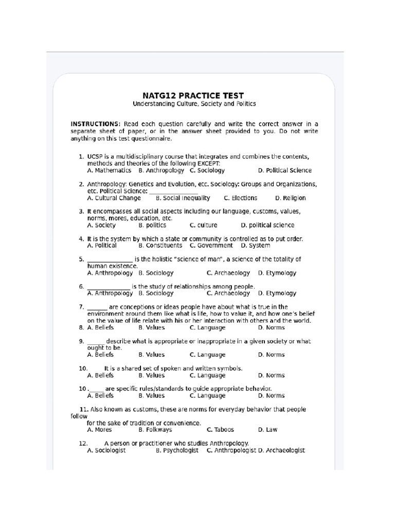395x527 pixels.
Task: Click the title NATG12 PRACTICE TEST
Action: pyautogui.click(x=193, y=96)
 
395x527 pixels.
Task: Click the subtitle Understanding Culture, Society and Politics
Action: pyautogui.click(x=194, y=104)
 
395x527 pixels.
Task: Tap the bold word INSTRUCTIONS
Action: pyautogui.click(x=95, y=124)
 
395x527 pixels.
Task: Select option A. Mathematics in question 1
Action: pyautogui.click(x=109, y=170)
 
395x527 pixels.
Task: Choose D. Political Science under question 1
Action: pyautogui.click(x=284, y=170)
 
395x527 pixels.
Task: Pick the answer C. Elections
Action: pyautogui.click(x=241, y=198)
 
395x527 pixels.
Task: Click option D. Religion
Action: pyautogui.click(x=290, y=198)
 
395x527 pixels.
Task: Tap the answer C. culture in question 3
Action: pyautogui.click(x=204, y=225)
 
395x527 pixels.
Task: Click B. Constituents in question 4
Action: pyautogui.click(x=160, y=246)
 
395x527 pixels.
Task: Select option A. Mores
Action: pyautogui.click(x=99, y=430)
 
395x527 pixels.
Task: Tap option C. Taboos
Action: pyautogui.click(x=220, y=430)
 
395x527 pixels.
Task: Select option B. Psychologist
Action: pyautogui.click(x=177, y=450)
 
